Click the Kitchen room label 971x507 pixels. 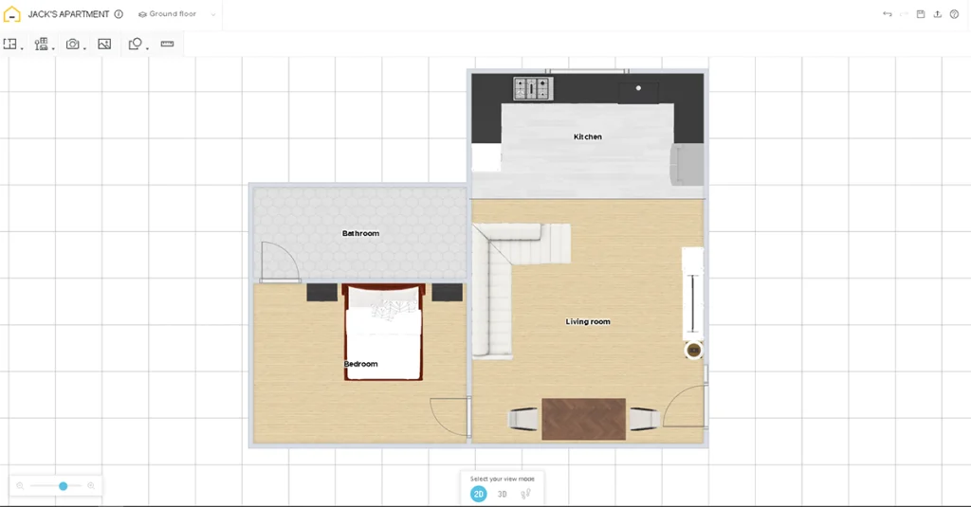pos(587,137)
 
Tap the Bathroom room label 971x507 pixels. pos(360,233)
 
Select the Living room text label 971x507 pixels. pos(588,322)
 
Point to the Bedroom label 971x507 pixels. pos(360,364)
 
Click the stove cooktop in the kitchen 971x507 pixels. pos(532,89)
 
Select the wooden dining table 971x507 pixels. pos(583,418)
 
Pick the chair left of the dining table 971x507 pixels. pos(524,419)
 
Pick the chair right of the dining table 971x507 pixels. pos(644,419)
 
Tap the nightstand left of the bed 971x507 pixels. pos(321,293)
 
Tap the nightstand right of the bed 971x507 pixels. pos(447,293)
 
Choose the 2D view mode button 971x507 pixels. pos(479,494)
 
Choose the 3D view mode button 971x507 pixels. pos(503,494)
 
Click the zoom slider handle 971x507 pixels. pos(64,486)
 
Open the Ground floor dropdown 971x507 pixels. pos(176,14)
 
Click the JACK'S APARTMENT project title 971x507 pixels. pos(68,14)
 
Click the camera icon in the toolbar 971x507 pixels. pos(72,44)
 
